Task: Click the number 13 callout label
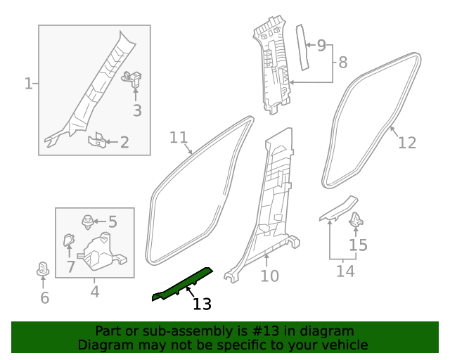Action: coord(202,304)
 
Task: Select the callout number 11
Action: coord(179,137)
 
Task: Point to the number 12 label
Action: coord(407,143)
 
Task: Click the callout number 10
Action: coord(270,276)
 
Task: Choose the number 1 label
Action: coord(28,84)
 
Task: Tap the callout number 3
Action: coord(137,110)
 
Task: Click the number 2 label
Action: coord(124,143)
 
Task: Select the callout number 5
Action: coord(112,222)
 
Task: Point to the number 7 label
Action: coord(71,266)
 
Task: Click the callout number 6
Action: coord(44,298)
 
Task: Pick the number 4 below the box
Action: coord(94,290)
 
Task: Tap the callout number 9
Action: coord(321,46)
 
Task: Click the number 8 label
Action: coord(342,63)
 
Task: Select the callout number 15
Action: coord(359,245)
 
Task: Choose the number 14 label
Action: coord(345,271)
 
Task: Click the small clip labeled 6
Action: coord(43,269)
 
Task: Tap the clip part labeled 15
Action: coord(356,219)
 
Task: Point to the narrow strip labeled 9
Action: coord(302,47)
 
